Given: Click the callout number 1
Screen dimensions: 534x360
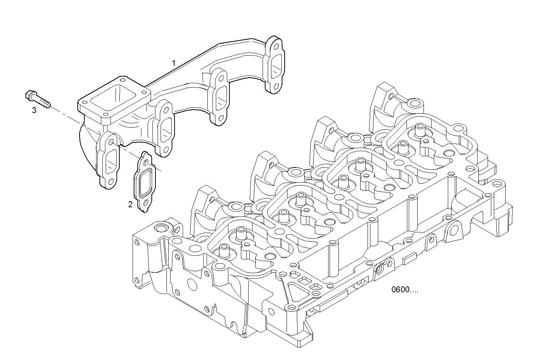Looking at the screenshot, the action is [174, 63].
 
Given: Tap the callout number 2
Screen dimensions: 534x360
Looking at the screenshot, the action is [130, 204].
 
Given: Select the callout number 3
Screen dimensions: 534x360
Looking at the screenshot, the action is [34, 110].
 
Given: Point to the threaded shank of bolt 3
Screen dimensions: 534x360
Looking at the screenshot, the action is [43, 102].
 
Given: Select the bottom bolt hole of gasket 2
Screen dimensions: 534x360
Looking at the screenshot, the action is [145, 203].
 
